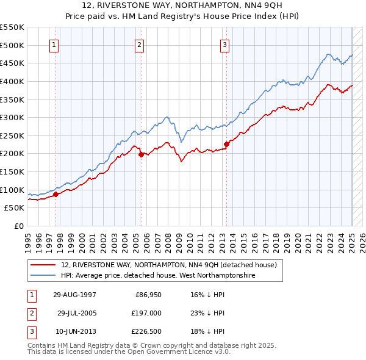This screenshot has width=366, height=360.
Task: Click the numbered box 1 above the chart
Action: click(x=54, y=44)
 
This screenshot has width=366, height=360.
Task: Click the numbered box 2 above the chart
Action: click(x=140, y=44)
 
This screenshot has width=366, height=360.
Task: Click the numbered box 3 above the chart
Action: click(x=225, y=44)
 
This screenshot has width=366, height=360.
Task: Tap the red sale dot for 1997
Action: click(x=56, y=194)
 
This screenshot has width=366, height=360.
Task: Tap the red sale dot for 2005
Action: click(x=141, y=154)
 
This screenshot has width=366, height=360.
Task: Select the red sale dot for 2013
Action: click(x=226, y=144)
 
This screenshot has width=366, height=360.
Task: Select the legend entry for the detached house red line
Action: click(x=169, y=265)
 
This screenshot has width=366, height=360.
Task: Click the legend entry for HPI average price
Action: click(x=157, y=276)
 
